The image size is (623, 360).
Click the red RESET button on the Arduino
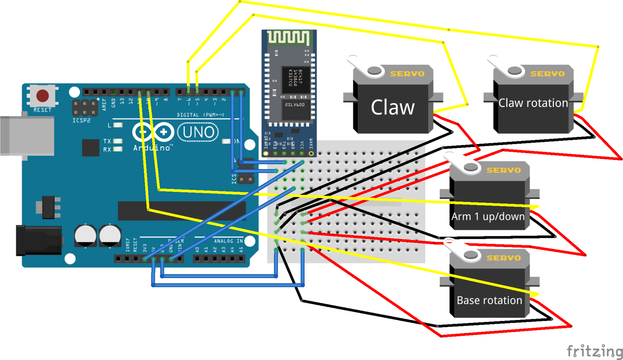point(42,96)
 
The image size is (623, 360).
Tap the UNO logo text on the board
point(198,132)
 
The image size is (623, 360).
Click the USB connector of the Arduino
point(27,135)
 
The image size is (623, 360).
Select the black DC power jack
point(38,240)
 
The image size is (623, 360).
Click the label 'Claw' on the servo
point(392,107)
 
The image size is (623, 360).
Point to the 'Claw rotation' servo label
point(533,103)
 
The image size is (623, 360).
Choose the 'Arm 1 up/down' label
point(488,217)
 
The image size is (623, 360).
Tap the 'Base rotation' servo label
point(489,300)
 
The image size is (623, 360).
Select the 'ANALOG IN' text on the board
point(228,241)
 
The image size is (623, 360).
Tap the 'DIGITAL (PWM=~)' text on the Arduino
point(200,115)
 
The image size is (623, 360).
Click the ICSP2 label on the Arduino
point(81,120)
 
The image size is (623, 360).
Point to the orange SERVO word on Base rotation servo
point(503,258)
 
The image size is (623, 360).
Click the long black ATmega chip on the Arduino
point(182,211)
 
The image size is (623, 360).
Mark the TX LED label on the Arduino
point(107,141)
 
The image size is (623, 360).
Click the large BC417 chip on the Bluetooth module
point(296,80)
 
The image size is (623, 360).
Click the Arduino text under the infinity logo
point(153,148)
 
